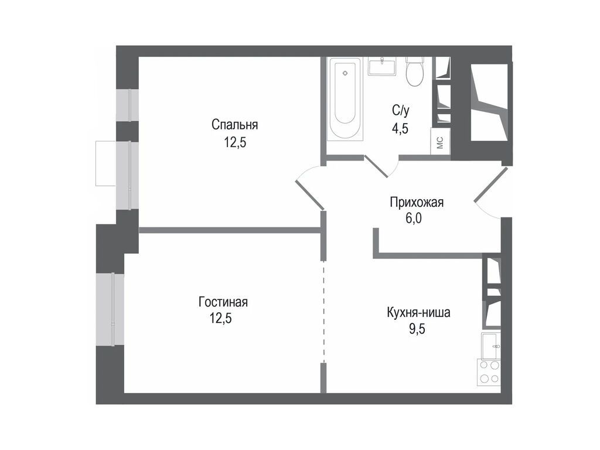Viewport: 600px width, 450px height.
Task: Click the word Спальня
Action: coord(234,124)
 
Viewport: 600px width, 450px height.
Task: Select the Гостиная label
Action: coord(223,302)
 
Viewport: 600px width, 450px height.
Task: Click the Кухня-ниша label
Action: coord(418,312)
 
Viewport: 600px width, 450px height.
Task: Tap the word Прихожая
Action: coord(417,203)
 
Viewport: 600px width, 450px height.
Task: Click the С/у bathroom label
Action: coord(401,110)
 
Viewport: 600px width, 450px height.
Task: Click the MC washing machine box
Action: coord(440,142)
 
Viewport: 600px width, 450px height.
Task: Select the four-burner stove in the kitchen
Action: coord(490,371)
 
